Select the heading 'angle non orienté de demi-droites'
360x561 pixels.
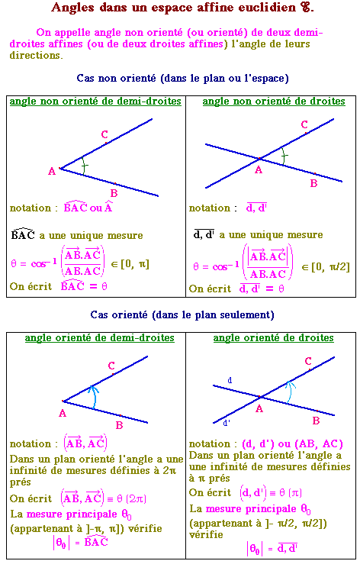(95, 102)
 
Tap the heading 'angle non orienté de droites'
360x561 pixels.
(274, 102)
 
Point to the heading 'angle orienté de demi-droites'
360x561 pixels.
(100, 337)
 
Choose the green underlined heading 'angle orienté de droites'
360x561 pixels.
(274, 337)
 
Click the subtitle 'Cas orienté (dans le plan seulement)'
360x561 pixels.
(182, 314)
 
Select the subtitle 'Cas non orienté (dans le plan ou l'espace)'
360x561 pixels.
(182, 79)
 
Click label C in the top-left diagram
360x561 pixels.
(104, 134)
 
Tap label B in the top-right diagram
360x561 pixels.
(314, 183)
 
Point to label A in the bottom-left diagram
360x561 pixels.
(63, 413)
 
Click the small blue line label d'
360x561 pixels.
(226, 423)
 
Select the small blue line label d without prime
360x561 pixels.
(230, 381)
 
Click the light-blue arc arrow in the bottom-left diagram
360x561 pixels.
(95, 397)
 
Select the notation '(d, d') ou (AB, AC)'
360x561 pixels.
(292, 444)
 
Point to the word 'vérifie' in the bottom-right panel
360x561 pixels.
(205, 534)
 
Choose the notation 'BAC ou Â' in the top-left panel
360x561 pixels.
(88, 208)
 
